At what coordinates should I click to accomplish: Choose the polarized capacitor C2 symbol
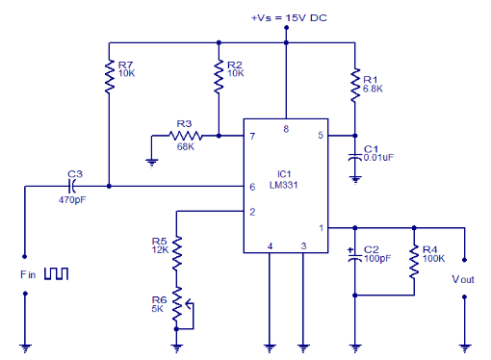coord(355,258)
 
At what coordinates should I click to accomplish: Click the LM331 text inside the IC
coord(285,185)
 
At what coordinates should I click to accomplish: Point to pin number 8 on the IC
coord(285,128)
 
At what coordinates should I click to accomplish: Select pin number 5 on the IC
coord(322,137)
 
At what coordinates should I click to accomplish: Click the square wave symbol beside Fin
coord(56,274)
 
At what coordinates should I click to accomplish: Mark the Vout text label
coord(465,279)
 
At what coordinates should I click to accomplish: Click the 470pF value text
coord(73,201)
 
